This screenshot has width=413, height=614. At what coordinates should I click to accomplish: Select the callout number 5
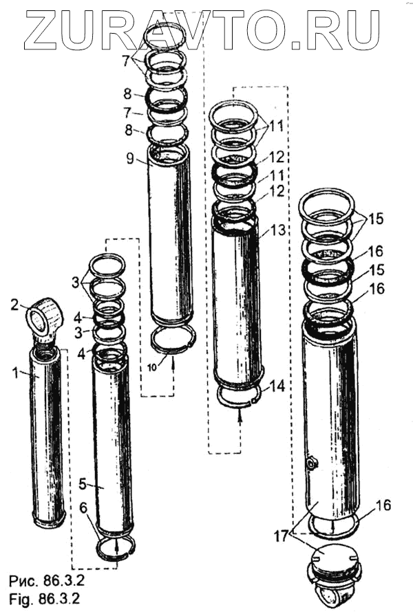pos(82,484)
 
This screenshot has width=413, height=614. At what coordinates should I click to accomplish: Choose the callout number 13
pos(277,232)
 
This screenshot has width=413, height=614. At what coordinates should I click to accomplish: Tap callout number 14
pos(277,387)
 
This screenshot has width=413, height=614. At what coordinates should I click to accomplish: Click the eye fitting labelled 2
pos(45,318)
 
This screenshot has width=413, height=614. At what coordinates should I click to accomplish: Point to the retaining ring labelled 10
pos(174,338)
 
